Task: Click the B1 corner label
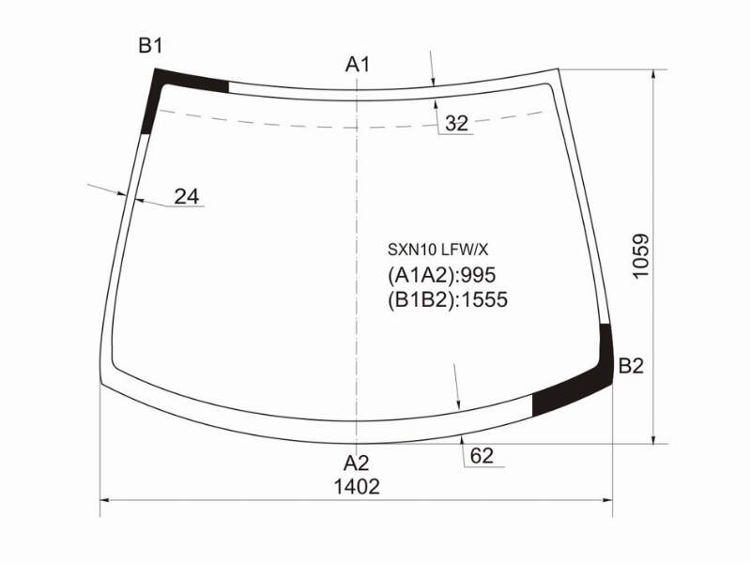coord(151,46)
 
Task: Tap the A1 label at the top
coord(358,64)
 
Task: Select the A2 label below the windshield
coord(357,464)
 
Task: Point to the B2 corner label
coord(631,366)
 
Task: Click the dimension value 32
coord(456,124)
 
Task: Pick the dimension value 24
coord(186,196)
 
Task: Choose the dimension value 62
coord(482,456)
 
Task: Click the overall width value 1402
coord(357,487)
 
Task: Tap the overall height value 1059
coord(640,255)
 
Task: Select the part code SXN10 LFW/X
coord(437,250)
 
